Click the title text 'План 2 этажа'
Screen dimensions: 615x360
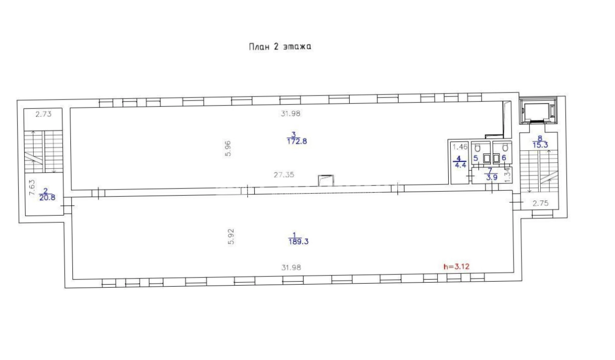280,46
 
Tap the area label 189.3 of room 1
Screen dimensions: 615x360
298,242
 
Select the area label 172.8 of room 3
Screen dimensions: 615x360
297,141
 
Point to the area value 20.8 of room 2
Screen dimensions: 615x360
47,197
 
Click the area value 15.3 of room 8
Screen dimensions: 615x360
540,145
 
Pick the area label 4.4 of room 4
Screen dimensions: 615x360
461,165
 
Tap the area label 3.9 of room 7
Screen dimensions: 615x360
492,177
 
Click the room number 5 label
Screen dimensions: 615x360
476,158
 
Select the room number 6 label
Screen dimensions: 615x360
504,158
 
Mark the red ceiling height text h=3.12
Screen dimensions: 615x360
457,266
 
